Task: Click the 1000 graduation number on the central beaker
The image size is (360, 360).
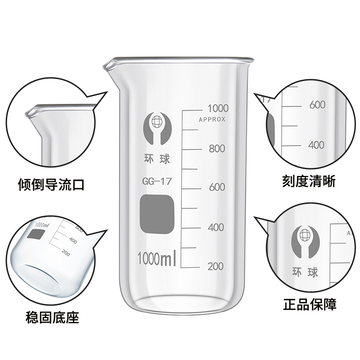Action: [x=218, y=108]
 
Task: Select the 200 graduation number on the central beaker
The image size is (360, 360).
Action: [x=216, y=266]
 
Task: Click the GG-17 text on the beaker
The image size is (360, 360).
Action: [x=154, y=182]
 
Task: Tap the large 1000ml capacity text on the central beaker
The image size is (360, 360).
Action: [x=156, y=259]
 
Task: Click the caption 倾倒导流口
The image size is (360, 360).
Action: [x=51, y=185]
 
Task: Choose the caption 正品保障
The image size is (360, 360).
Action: [x=310, y=305]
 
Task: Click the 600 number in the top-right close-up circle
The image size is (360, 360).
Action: [x=317, y=105]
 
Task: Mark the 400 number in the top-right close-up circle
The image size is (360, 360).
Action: [x=316, y=145]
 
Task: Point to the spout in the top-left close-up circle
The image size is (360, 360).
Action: [x=34, y=112]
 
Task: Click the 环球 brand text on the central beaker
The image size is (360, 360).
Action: [x=155, y=159]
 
